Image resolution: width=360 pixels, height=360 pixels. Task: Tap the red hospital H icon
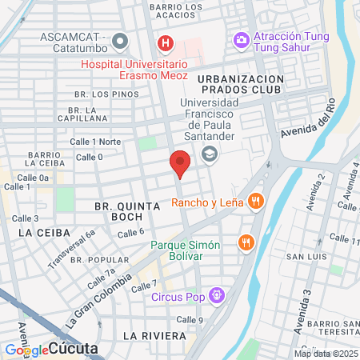(x=165, y=42)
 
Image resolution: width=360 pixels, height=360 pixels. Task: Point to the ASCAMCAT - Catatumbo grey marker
(x=121, y=40)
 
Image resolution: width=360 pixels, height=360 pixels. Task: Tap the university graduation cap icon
(x=210, y=154)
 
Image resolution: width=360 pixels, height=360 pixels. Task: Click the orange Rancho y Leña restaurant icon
(x=256, y=202)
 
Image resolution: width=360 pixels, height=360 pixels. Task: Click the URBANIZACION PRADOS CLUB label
(x=239, y=84)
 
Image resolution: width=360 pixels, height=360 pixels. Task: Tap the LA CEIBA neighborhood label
(x=35, y=231)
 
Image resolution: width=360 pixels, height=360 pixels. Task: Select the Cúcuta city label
(x=73, y=349)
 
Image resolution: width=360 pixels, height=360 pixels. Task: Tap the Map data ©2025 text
(x=326, y=354)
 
